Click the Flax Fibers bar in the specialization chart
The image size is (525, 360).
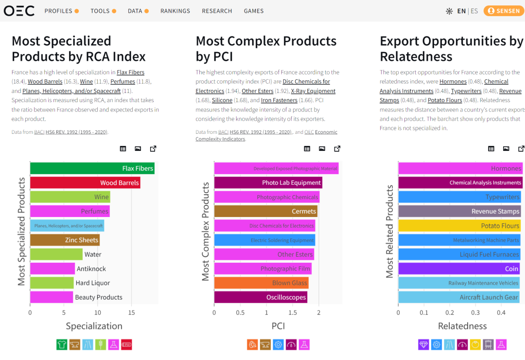tap(92, 168)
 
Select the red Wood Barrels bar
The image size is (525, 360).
tap(85, 183)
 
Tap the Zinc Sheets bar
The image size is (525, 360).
tap(65, 240)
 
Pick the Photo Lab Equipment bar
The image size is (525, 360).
tap(268, 183)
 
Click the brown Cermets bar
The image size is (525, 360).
tap(265, 211)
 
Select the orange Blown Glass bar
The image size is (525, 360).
tap(261, 283)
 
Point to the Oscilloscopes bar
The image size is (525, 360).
tap(261, 297)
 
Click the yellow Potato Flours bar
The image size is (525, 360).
tap(459, 226)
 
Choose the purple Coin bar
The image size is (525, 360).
tap(459, 269)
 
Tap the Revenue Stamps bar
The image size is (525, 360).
tap(459, 211)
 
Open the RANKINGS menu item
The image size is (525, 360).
tap(175, 11)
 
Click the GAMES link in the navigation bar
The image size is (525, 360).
tap(254, 11)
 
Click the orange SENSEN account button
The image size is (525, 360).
tap(504, 11)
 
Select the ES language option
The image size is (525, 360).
tap(474, 11)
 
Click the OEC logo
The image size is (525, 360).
tap(19, 11)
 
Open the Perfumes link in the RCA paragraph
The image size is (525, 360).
tap(122, 82)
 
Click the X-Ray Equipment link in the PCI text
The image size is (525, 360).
tap(313, 91)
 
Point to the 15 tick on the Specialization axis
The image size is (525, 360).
tap(131, 313)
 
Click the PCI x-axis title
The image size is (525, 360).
tap(278, 326)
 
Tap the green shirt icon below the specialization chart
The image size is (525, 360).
tap(62, 344)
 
